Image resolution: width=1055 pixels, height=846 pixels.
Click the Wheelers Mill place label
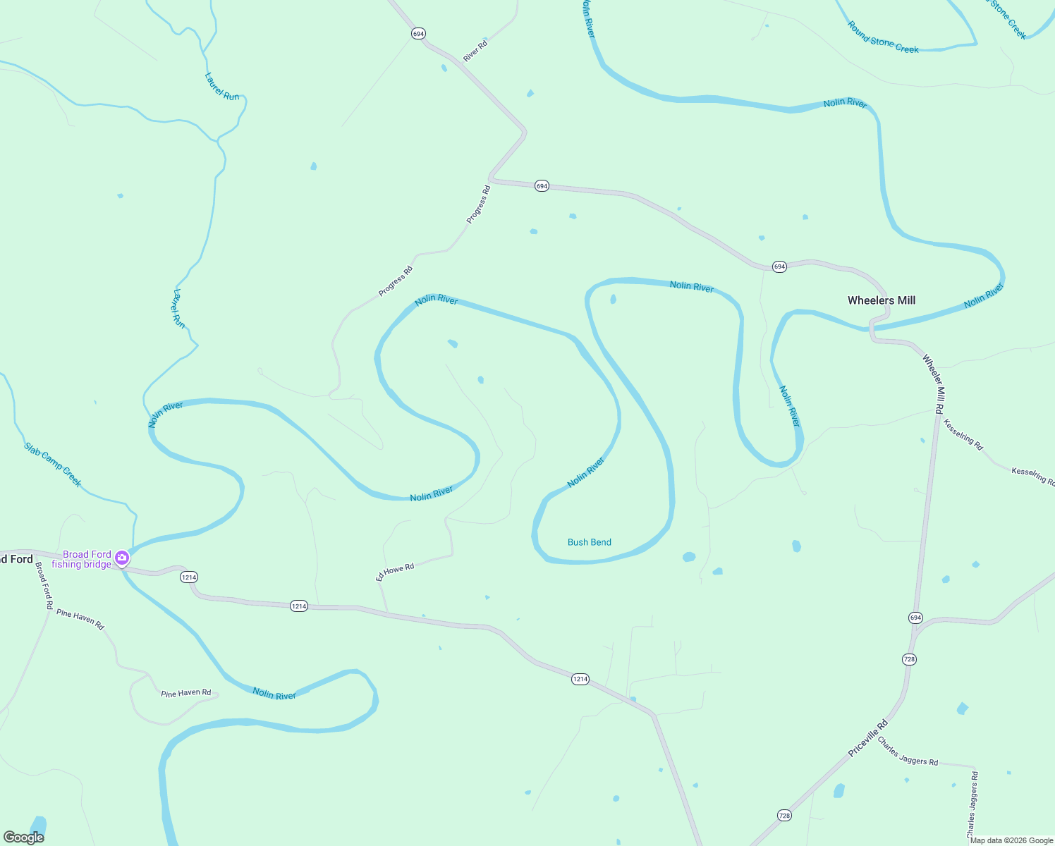(882, 300)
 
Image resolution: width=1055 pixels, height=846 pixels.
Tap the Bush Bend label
(590, 542)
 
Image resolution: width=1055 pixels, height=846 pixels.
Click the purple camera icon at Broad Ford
(122, 558)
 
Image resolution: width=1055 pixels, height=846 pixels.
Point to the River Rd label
(475, 51)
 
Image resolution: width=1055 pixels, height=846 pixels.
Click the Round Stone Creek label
(883, 37)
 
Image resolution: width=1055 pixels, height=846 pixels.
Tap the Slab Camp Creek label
(53, 465)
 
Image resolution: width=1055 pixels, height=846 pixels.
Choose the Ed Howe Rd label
(395, 571)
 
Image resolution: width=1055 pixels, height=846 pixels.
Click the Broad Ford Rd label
(44, 585)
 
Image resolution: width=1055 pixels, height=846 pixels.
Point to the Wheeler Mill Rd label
(934, 384)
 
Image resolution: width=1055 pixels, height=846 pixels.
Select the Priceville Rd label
(868, 738)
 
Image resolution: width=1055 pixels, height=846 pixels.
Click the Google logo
(24, 838)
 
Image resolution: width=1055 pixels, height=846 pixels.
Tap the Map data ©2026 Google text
(1011, 840)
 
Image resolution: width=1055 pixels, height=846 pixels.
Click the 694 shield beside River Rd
(419, 34)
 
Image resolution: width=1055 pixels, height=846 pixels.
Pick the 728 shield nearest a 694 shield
(909, 659)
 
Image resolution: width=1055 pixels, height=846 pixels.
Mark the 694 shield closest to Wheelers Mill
(779, 266)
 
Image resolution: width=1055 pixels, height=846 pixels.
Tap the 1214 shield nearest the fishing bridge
(188, 577)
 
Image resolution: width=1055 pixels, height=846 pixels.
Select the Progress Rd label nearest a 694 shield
(478, 204)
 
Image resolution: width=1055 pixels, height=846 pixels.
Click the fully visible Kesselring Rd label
(963, 434)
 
